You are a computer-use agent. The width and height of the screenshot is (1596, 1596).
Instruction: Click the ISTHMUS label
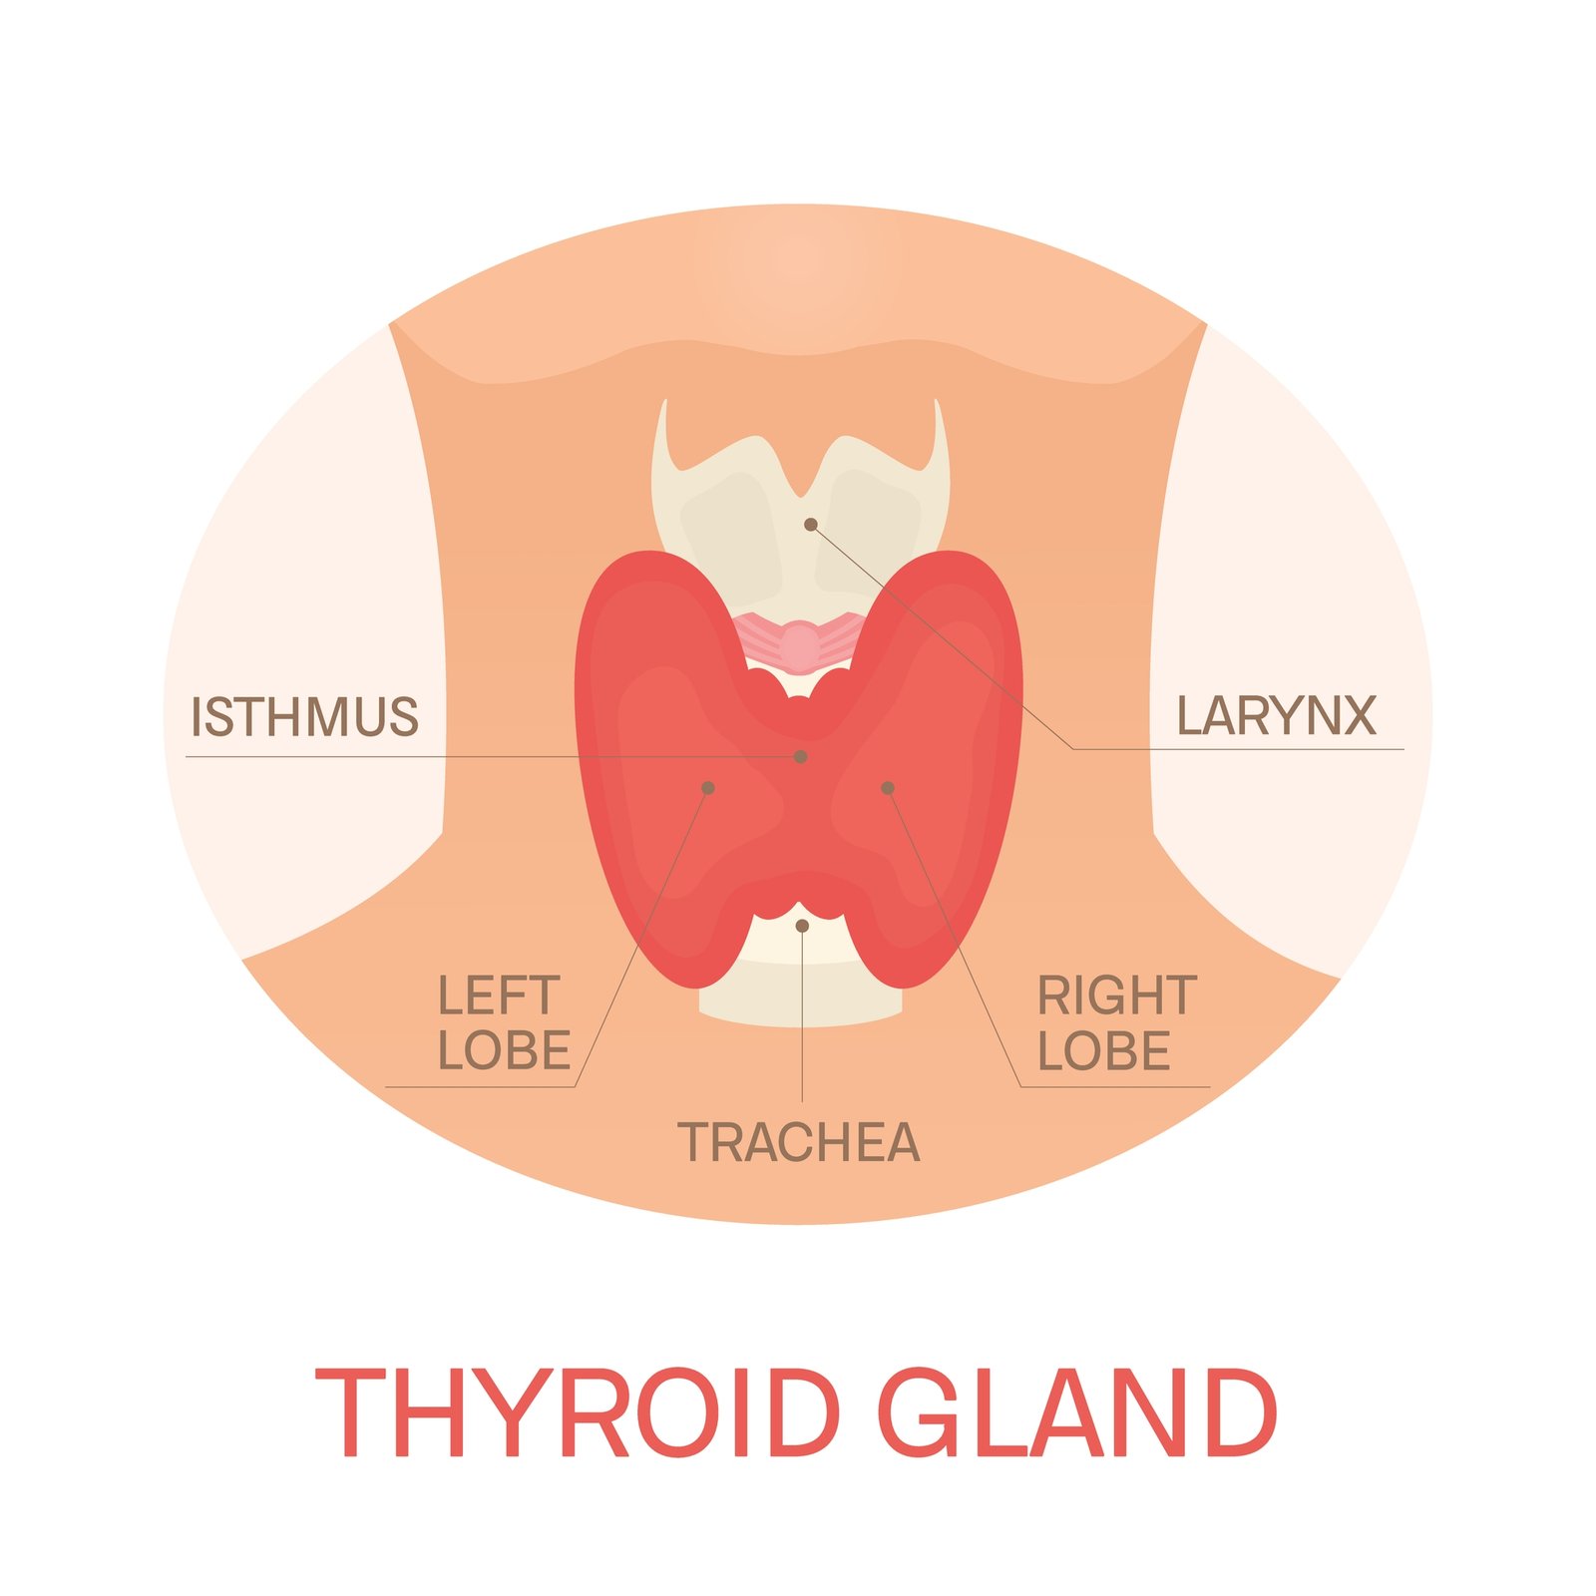click(304, 717)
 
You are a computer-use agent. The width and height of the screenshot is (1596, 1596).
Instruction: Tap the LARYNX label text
click(1277, 715)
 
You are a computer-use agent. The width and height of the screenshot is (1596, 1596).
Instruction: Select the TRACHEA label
click(799, 1142)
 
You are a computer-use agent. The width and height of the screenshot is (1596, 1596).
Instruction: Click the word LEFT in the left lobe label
click(499, 996)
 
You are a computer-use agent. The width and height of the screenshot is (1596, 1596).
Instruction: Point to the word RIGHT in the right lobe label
click(1117, 996)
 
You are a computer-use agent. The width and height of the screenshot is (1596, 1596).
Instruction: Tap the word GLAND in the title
click(1077, 1412)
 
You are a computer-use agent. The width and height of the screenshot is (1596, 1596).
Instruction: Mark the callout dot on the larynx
click(811, 525)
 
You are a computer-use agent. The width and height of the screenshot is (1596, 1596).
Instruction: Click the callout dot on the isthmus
click(800, 757)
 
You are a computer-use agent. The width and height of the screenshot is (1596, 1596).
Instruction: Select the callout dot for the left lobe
click(708, 788)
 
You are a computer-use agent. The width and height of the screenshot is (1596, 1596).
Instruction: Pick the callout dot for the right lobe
click(888, 788)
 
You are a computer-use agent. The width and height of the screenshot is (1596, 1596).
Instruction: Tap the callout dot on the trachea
click(802, 926)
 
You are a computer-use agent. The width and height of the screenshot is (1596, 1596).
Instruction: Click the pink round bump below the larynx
click(799, 645)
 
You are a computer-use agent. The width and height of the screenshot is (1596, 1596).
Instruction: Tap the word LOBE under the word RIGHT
click(1104, 1051)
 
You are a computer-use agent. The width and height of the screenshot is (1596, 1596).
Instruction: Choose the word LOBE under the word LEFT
click(505, 1051)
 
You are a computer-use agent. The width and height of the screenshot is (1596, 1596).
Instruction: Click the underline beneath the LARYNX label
click(1238, 748)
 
